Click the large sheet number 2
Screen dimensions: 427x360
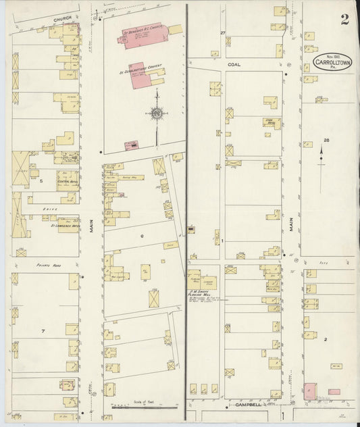344,19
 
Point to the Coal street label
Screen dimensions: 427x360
234,64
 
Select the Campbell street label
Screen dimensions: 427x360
248,405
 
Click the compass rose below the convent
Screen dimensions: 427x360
157,114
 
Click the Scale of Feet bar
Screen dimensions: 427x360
143,407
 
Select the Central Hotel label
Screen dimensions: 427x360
66,181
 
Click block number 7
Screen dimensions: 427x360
42,331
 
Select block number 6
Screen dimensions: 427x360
142,236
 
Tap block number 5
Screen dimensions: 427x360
41,181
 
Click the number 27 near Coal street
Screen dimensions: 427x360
222,32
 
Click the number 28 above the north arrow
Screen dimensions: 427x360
327,140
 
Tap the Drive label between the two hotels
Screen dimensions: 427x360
48,209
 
